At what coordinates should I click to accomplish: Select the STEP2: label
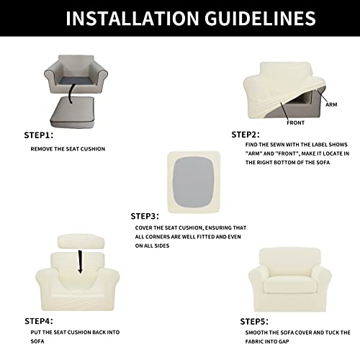pos(246,134)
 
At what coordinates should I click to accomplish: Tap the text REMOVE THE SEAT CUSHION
pos(68,148)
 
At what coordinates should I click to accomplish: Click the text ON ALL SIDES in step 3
pos(153,246)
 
